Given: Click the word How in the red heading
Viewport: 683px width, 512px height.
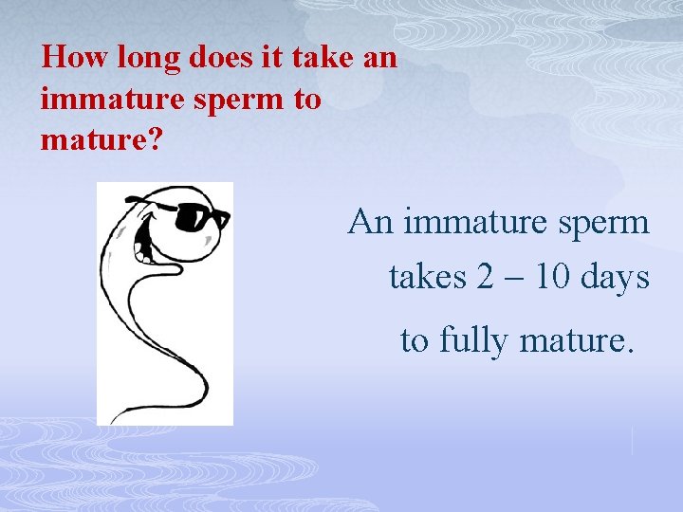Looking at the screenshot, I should pos(76,58).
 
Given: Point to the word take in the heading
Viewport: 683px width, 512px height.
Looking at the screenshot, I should pos(323,58).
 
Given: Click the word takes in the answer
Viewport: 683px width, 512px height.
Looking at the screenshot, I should pos(427,277).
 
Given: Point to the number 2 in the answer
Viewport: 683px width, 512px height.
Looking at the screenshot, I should pos(486,277).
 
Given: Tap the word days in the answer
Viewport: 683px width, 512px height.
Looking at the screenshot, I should pos(616,279).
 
